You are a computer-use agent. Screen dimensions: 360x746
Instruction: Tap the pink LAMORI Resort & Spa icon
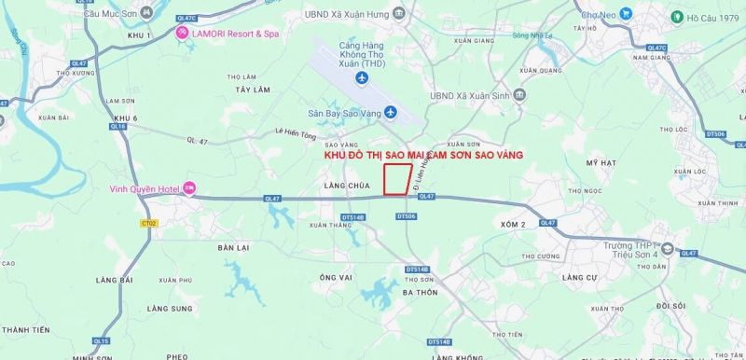(183, 34)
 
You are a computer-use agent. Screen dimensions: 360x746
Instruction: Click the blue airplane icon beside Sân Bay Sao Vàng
(391, 113)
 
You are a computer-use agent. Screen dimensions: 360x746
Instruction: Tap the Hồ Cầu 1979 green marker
(677, 17)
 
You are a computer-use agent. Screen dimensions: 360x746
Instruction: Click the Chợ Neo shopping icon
(626, 14)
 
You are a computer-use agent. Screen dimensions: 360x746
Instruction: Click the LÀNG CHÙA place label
(341, 186)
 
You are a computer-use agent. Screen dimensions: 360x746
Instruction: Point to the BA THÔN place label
(420, 292)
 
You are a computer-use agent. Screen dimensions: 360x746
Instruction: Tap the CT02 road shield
(148, 223)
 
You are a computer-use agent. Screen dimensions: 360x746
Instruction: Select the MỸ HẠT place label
(601, 162)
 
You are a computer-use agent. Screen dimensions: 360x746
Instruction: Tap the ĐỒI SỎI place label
(670, 305)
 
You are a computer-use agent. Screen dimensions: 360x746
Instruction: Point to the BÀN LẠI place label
(233, 247)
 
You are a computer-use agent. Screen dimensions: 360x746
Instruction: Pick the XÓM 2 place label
(513, 225)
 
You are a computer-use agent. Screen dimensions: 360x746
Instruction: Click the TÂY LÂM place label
(252, 90)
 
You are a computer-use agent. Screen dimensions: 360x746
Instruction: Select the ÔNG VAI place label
(335, 277)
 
